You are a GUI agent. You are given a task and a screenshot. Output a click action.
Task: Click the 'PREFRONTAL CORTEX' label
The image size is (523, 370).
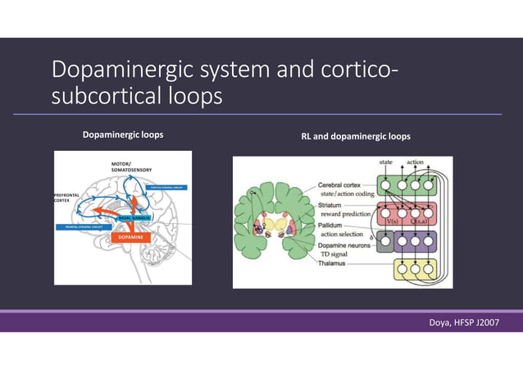coord(66,198)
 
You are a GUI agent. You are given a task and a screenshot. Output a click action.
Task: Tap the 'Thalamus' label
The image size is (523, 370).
coord(332,264)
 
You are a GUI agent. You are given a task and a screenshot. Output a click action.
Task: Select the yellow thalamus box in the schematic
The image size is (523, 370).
coord(415,268)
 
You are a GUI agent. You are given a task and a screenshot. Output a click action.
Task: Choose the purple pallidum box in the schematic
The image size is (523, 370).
coord(415,241)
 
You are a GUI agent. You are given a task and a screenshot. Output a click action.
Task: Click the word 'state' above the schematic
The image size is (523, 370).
coord(386,162)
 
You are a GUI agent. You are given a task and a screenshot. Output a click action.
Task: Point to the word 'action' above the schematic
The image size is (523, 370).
coord(416,162)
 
